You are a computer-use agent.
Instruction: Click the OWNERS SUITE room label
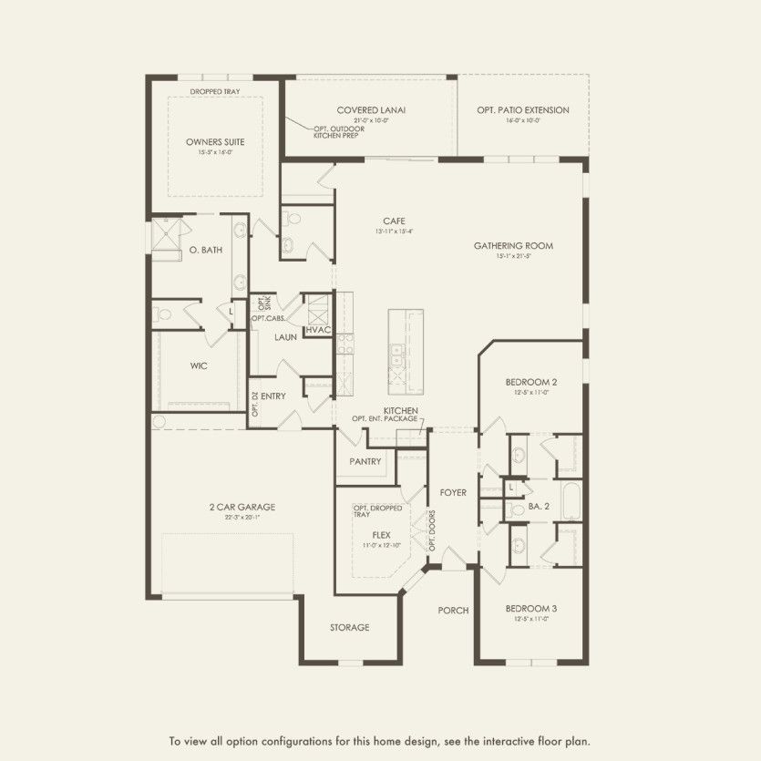click(215, 142)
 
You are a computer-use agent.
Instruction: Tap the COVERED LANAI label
click(371, 110)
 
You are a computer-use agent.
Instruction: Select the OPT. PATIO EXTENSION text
click(522, 110)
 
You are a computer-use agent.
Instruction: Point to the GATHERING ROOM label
click(513, 246)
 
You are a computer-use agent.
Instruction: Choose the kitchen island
click(406, 348)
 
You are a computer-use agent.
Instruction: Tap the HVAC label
click(318, 330)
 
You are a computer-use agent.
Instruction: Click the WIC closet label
click(200, 365)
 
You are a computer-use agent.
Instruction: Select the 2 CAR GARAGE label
click(242, 508)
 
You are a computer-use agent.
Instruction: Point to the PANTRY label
click(365, 461)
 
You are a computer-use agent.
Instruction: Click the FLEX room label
click(381, 535)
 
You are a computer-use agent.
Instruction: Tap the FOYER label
click(453, 493)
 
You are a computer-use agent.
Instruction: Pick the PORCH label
click(453, 611)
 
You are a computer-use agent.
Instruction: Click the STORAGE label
click(350, 627)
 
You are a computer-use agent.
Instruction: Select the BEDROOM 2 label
click(531, 382)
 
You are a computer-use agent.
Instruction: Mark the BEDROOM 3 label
click(531, 608)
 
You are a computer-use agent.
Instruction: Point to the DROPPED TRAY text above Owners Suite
click(215, 92)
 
